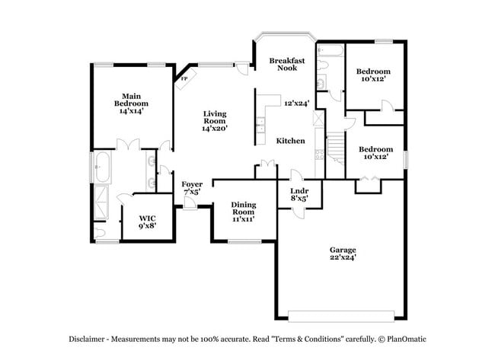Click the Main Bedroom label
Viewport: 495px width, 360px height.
[x=131, y=103]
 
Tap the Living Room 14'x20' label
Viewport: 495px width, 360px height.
[x=215, y=122]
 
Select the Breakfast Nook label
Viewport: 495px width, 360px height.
[x=287, y=64]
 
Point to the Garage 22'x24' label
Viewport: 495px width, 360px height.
[x=342, y=254]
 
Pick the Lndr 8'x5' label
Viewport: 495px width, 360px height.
[x=299, y=194]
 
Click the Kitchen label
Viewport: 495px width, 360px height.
[x=290, y=141]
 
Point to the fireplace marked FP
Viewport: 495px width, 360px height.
[x=184, y=78]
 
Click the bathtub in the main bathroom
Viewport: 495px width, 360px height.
[x=102, y=167]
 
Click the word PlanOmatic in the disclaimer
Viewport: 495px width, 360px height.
[x=406, y=337]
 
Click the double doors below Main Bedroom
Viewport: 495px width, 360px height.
[x=127, y=144]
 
